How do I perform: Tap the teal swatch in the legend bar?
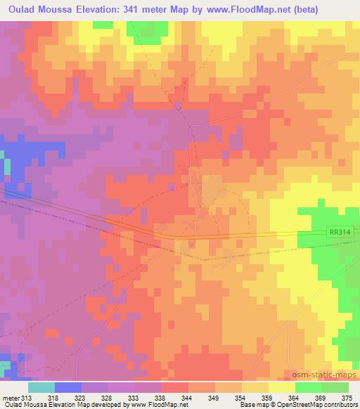pos(41,387)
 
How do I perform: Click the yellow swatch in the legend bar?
pos(281,387)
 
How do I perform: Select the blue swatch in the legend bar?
pos(68,387)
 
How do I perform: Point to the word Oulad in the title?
pos(22,9)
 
